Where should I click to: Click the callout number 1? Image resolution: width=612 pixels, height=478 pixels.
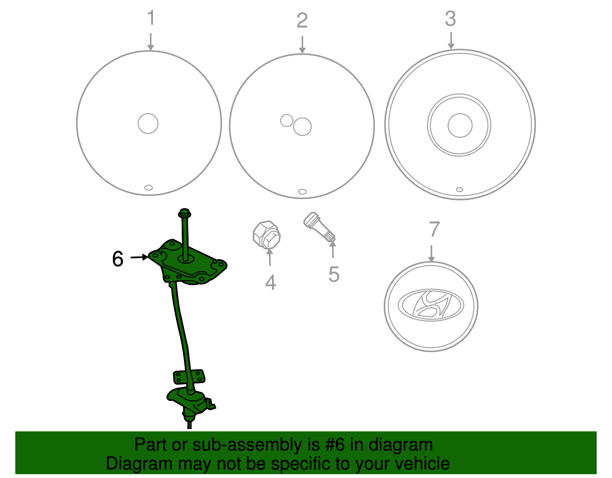tap(151, 18)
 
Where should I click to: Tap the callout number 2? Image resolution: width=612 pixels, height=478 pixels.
tap(302, 20)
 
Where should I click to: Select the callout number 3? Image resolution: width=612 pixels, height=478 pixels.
tap(450, 19)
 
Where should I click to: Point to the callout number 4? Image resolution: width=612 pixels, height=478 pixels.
tap(271, 282)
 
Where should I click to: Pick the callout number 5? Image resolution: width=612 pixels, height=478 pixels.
tap(334, 274)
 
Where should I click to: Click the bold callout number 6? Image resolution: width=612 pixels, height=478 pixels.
tap(118, 259)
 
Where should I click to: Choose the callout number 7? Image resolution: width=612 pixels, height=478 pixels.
tap(434, 229)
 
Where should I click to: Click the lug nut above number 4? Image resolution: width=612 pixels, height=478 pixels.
tap(267, 235)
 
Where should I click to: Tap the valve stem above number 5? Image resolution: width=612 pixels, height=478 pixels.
tap(319, 227)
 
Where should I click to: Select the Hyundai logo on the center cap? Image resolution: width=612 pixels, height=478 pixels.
tap(431, 305)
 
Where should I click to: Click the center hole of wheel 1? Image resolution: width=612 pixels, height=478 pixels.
tap(148, 123)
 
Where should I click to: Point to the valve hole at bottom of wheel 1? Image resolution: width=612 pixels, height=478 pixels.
tap(148, 188)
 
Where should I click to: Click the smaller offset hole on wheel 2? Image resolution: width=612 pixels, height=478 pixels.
tap(287, 121)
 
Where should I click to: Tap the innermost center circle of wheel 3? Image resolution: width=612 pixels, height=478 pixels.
tap(460, 126)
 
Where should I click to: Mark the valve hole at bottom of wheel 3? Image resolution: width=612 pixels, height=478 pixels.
tap(459, 189)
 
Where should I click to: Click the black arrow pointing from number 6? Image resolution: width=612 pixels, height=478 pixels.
tap(139, 257)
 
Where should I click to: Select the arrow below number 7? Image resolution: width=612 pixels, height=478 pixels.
tap(431, 253)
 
